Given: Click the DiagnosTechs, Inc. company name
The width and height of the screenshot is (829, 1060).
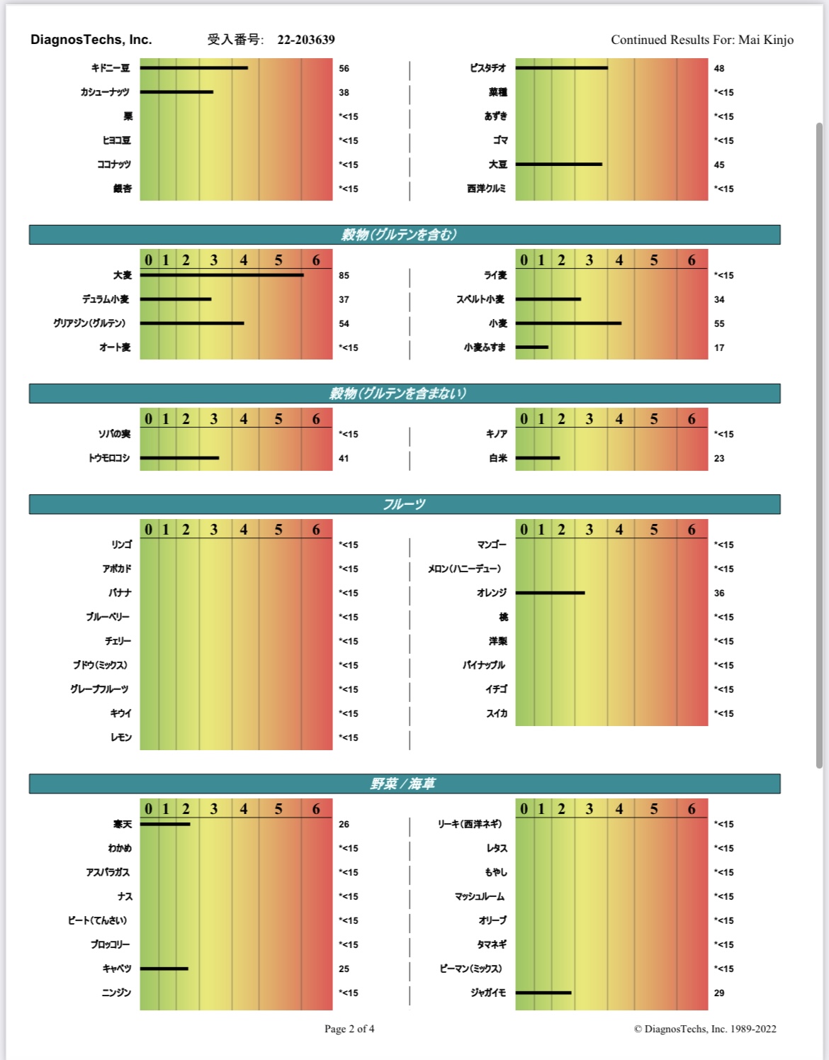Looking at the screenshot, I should pos(91,40).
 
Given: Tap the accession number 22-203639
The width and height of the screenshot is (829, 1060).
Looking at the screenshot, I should pos(305,40).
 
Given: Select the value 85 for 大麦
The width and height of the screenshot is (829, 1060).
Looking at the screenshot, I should pos(344,276).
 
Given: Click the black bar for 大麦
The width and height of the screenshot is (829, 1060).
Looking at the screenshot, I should pos(222,275).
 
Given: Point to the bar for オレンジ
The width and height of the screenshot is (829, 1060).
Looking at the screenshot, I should pos(550,593).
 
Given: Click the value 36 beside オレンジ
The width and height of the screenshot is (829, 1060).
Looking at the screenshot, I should pos(719,593).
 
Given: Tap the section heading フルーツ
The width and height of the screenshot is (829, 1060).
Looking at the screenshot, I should pos(404,504).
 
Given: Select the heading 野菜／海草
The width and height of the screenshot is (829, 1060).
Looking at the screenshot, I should pos(404,783).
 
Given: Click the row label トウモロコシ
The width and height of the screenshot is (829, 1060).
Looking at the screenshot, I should pos(109,459).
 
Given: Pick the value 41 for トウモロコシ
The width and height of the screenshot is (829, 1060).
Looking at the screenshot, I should pos(344,459).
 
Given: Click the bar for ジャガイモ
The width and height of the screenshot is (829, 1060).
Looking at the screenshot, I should pos(543,993).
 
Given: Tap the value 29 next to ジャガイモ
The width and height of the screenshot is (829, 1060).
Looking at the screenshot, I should pos(719,993).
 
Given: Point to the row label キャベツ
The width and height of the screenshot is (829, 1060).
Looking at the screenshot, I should pos(117,969).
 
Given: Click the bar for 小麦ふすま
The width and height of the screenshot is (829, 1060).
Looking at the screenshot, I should pos(532,347).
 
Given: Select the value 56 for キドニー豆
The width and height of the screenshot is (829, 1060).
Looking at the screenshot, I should pos(344,69).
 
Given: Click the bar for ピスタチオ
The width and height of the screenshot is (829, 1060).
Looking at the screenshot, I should pos(561,68).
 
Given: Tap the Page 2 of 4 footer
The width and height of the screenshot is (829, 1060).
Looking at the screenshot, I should pos(349,1029).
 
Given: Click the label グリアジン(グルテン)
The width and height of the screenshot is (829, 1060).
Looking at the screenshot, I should pos(89,323).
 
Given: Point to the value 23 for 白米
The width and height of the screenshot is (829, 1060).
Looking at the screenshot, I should pos(719,459).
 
